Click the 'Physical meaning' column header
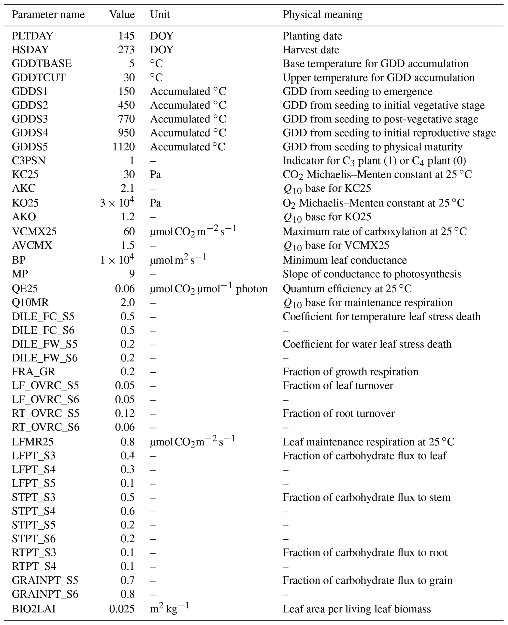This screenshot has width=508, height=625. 322,14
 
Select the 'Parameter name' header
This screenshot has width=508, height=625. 48,14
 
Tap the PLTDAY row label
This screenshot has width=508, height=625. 32,36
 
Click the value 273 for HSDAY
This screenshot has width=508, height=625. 126,50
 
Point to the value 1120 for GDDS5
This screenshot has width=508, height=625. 123,147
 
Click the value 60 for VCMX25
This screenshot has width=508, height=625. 129,231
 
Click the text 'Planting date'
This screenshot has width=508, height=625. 312,36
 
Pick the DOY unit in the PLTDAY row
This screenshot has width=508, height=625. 161,36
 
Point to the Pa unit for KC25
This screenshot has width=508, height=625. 155,175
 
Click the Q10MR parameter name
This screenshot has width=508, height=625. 30,302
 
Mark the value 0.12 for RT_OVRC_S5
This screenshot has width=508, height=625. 125,413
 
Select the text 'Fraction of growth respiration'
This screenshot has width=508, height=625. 350,372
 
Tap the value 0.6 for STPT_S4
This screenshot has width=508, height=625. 128,511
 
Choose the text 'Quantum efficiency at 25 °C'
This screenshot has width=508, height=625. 347,289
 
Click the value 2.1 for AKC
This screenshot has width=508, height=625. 128,188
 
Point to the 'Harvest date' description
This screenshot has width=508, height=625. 311,50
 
